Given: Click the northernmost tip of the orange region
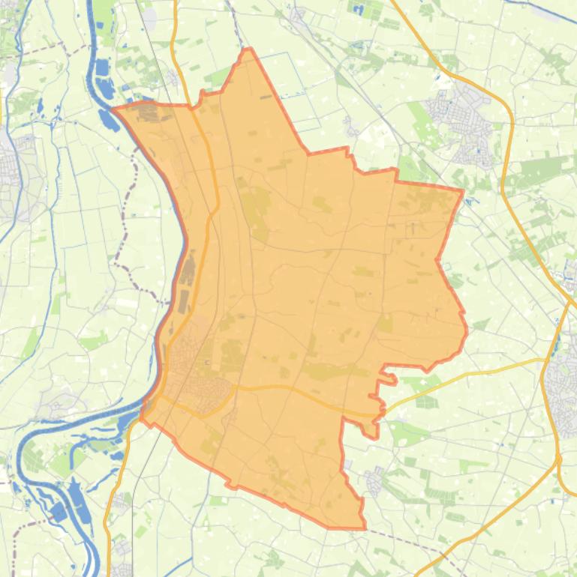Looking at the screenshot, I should tap(247, 50).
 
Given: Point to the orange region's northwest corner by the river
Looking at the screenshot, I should tap(113, 109).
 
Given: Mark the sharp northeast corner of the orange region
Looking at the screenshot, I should tap(462, 190).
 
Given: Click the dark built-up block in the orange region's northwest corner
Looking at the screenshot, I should tap(150, 112).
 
